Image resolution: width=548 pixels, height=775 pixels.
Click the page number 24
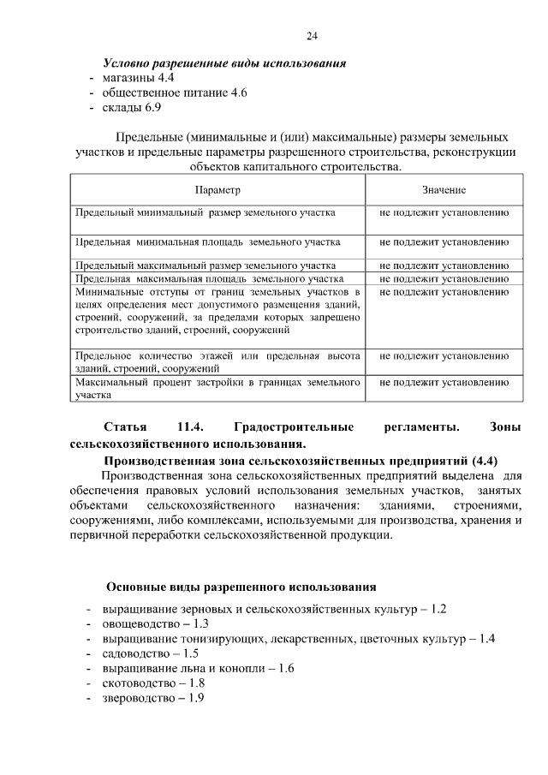click(312, 35)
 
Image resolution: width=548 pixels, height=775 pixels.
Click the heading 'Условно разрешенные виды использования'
click(224, 63)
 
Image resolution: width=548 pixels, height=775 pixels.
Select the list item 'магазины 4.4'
click(138, 78)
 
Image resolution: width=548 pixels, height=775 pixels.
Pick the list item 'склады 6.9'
click(131, 108)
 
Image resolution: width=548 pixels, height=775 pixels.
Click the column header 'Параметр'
click(217, 189)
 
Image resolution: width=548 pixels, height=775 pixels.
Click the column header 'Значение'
click(444, 189)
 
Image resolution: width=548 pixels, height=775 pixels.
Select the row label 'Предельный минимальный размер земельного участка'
click(205, 211)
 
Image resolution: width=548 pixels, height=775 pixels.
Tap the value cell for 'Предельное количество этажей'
click(444, 355)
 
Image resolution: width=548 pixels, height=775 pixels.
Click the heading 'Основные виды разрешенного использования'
click(241, 587)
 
